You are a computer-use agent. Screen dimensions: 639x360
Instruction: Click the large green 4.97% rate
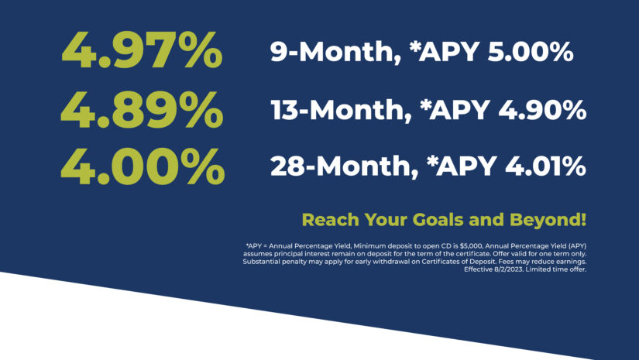pos(142,50)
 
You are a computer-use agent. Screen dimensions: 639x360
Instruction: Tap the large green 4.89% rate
pos(142,108)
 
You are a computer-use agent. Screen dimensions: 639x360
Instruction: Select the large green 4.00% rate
pos(143,166)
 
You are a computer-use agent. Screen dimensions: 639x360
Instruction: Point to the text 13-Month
pos(341,110)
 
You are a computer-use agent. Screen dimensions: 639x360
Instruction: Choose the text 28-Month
pos(344,166)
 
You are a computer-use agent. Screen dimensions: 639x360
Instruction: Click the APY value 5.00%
pos(531,52)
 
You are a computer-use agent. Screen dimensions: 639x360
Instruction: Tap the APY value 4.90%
pos(542,110)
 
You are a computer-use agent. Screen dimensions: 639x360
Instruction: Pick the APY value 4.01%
pos(545,166)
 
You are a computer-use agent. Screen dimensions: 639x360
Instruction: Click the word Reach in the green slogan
pos(331,220)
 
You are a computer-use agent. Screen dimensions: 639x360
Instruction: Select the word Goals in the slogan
pos(438,220)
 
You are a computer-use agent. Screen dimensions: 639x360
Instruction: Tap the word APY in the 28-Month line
pos(466,166)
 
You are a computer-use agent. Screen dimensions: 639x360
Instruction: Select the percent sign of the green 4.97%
pos(202,50)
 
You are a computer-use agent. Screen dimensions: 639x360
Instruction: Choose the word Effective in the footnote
pos(478,269)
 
